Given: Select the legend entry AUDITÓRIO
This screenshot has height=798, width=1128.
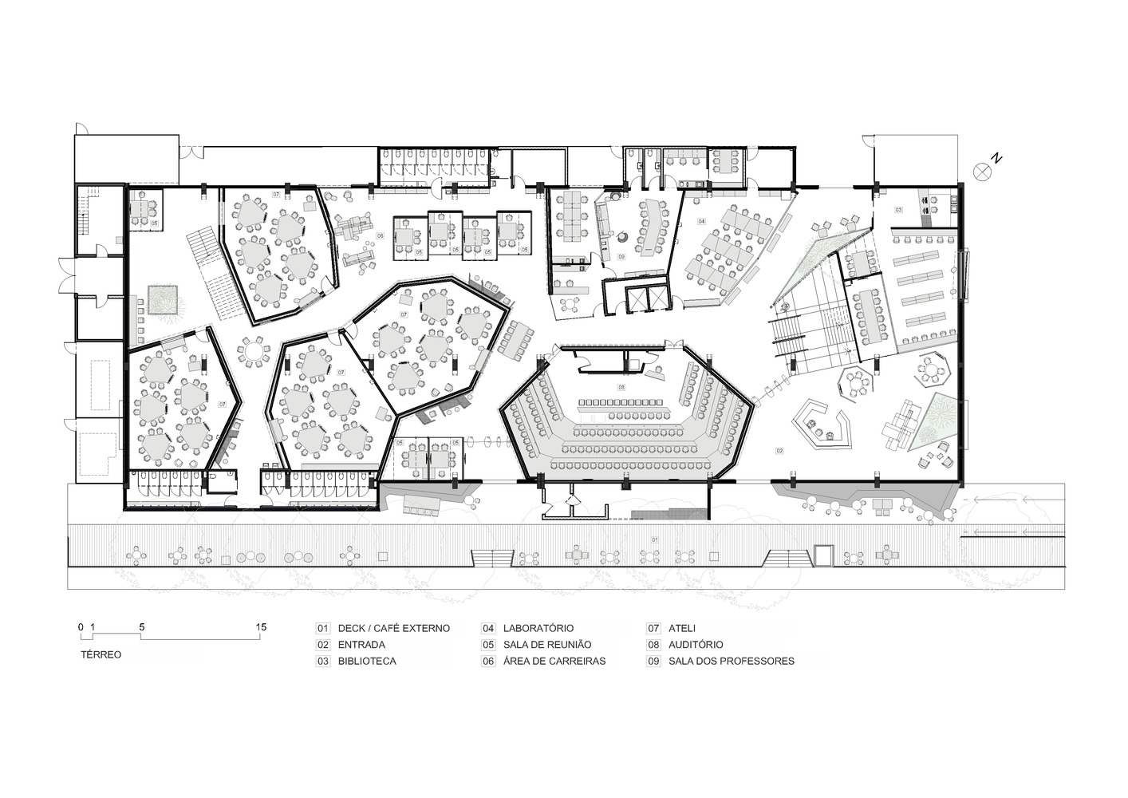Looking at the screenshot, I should (696, 645).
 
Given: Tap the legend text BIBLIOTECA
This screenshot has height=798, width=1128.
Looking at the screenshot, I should (366, 662).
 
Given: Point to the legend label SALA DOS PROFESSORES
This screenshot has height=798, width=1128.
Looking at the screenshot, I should (731, 662).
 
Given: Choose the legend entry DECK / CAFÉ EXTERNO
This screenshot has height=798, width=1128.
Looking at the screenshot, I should (393, 628).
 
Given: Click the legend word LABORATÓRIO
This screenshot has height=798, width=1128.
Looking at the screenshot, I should (538, 628).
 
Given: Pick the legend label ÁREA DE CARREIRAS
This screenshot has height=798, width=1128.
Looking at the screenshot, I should (554, 662).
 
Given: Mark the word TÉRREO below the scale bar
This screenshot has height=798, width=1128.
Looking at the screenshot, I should (101, 654).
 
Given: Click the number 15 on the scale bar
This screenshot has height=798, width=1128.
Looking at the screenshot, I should (261, 627).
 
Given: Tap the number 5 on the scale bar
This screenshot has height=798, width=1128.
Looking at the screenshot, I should (142, 627).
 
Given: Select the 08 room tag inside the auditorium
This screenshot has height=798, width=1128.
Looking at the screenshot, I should (621, 387).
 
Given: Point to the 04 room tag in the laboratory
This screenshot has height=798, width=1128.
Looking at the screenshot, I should (701, 221).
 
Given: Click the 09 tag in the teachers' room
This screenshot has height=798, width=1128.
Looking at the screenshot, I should (621, 256).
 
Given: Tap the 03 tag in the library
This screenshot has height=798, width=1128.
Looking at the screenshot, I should (898, 209).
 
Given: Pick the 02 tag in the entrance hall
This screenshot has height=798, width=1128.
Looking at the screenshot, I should (779, 451).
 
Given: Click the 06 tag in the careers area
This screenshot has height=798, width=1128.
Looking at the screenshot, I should (381, 236).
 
